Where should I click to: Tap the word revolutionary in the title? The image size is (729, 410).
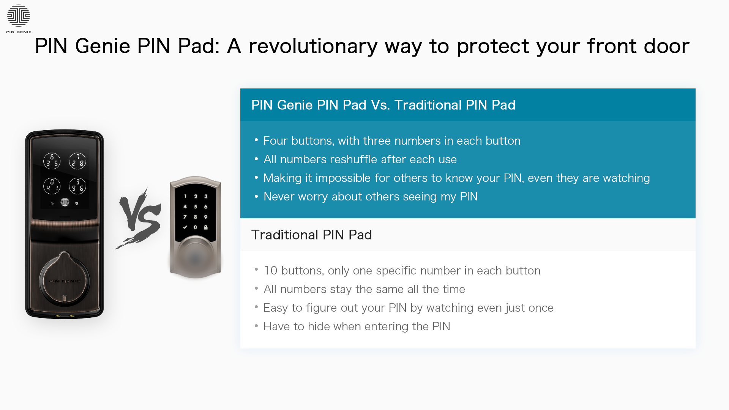point(313,46)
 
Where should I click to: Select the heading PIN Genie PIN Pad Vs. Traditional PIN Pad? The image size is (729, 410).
point(383,105)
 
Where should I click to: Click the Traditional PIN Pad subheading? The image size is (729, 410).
point(311,235)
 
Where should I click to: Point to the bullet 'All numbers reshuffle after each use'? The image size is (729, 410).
point(360,159)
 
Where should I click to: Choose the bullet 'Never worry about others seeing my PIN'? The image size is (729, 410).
point(371,197)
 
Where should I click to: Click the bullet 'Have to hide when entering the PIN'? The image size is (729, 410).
point(357,326)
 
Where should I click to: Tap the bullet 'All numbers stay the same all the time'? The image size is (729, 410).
point(364,289)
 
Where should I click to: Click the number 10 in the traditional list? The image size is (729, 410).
point(270,271)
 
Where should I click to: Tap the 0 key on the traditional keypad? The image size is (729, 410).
point(196,227)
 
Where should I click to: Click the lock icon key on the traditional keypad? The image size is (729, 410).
point(206,227)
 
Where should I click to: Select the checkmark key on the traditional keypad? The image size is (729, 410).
point(185,227)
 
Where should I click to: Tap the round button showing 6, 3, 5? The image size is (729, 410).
point(52,161)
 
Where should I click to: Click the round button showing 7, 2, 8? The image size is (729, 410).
point(77,161)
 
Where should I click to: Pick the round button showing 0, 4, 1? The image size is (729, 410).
point(52,186)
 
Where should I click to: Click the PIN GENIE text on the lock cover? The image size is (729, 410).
point(64,281)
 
